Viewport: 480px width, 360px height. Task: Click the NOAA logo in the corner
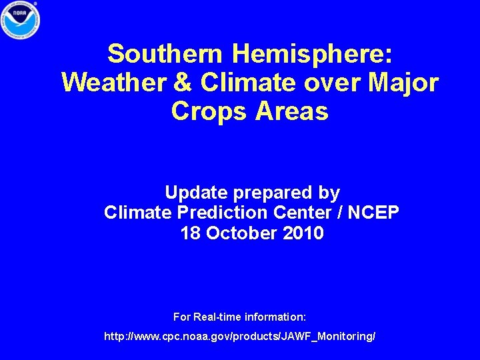click(21, 20)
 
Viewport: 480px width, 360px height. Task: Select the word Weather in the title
click(104, 83)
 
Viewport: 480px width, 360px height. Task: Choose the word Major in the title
click(400, 83)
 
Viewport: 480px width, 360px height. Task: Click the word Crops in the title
click(209, 111)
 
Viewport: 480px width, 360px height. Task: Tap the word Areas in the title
click(291, 111)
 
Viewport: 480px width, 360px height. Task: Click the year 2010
click(303, 234)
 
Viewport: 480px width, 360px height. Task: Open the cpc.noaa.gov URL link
click(240, 337)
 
